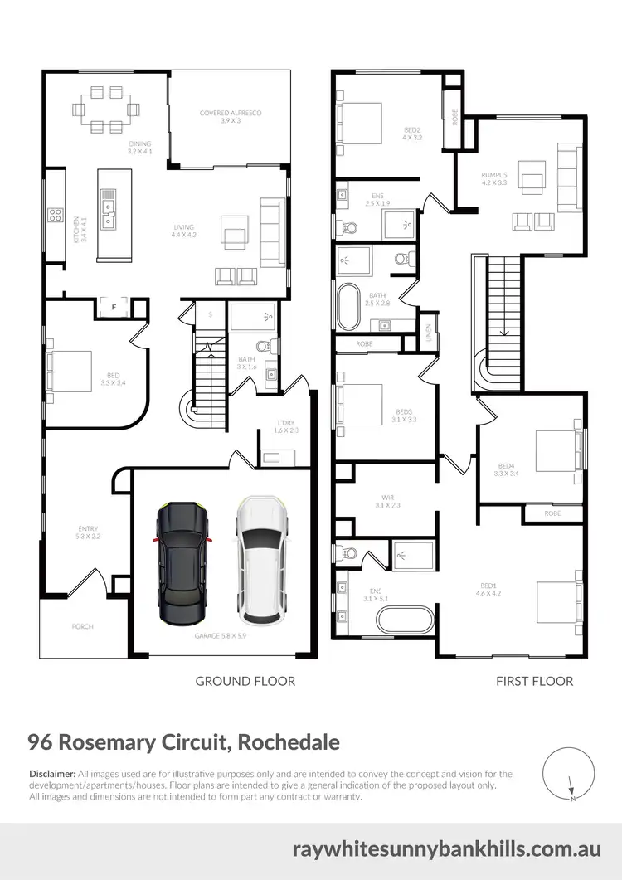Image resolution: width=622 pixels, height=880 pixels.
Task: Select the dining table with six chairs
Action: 104,108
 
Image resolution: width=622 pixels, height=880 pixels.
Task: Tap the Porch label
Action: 83,626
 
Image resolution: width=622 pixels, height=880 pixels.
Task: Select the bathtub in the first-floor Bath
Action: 348,307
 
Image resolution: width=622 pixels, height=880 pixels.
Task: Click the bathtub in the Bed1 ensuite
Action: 404,619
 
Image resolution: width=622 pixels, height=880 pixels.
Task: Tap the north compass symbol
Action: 569,772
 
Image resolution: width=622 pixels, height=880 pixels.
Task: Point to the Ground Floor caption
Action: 245,681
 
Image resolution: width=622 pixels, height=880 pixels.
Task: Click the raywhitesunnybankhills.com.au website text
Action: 446,849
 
